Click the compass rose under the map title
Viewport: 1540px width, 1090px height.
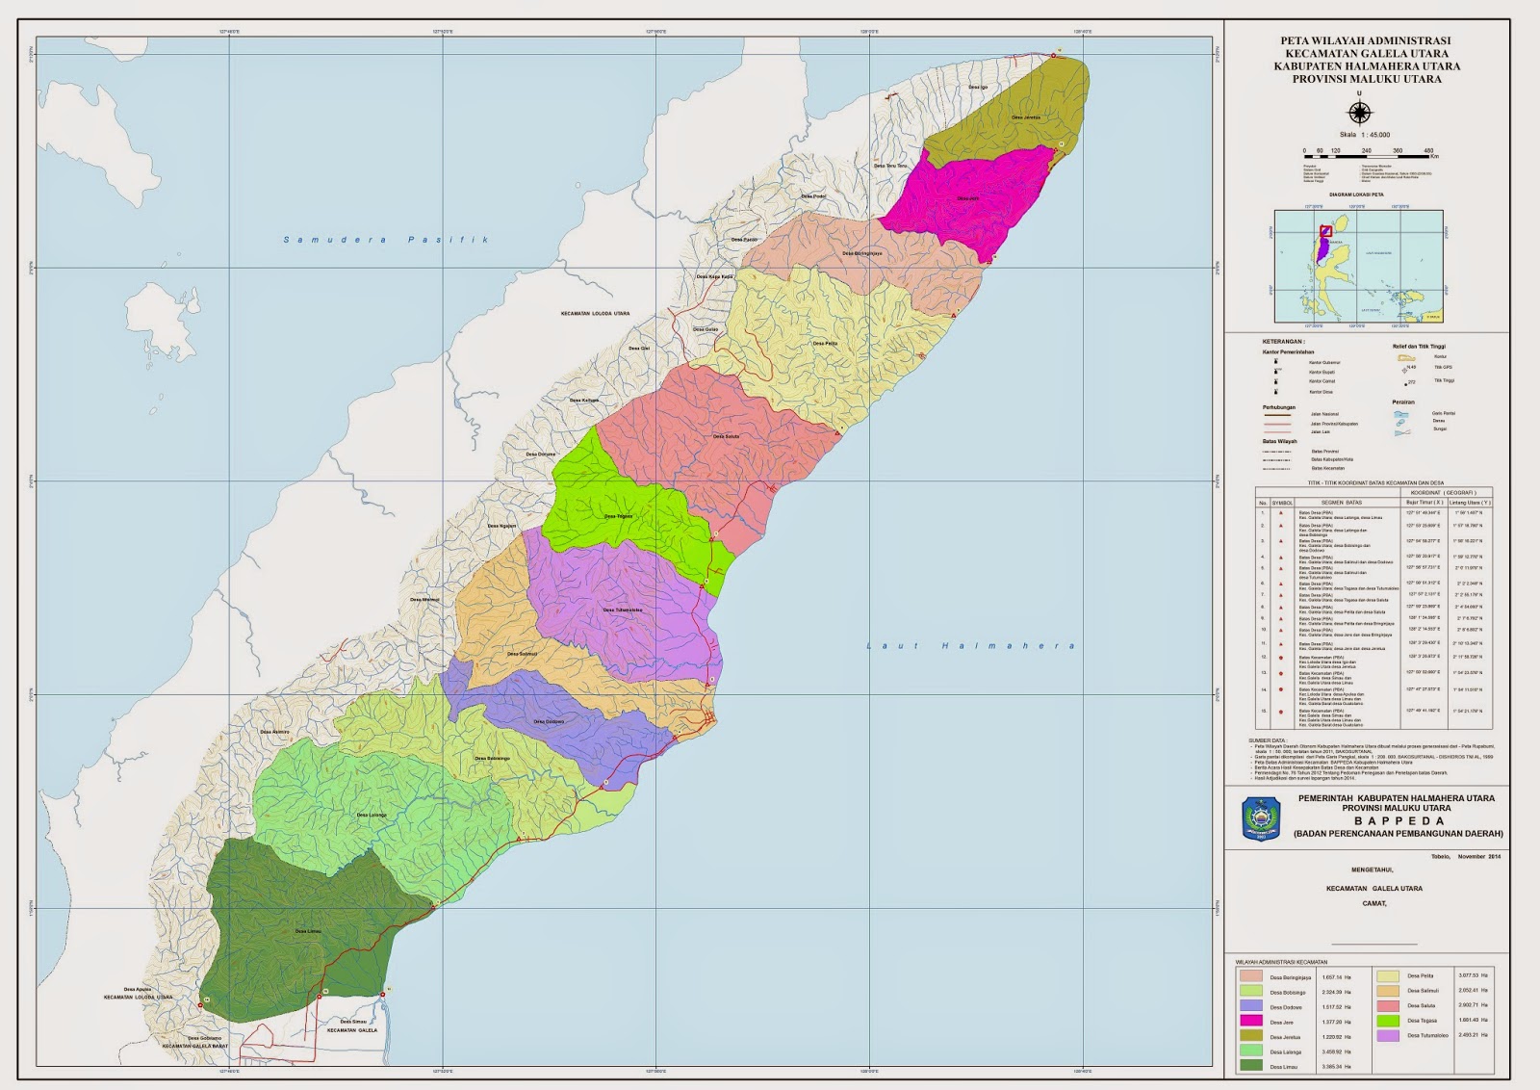(1358, 113)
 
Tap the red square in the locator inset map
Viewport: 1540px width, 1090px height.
(1325, 231)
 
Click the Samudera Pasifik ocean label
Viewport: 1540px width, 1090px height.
(386, 240)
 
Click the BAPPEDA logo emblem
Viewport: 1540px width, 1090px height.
(1256, 820)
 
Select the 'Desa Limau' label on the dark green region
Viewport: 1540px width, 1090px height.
(308, 931)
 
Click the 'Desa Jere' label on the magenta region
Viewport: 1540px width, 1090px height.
(968, 198)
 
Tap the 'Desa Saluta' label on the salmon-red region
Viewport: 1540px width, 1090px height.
(726, 436)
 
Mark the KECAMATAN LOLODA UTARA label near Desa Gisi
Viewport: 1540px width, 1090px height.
(595, 314)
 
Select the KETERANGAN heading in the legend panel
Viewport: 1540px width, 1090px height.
(1283, 342)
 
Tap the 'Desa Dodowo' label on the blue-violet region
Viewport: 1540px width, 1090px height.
(549, 722)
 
